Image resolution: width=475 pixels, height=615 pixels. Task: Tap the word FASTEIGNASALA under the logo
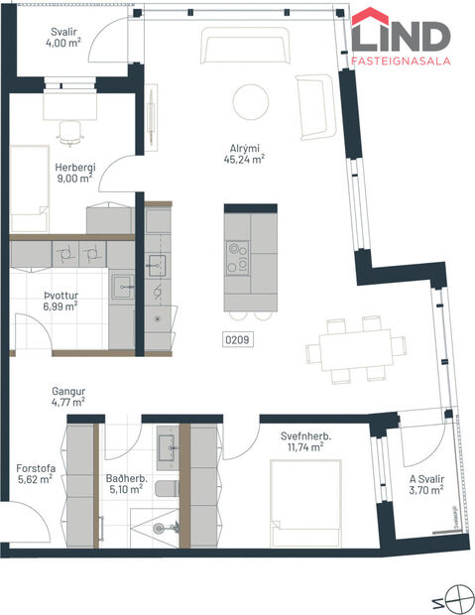[401, 61]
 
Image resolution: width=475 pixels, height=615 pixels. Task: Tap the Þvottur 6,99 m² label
[60, 301]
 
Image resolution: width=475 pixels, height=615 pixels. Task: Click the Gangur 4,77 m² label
[67, 397]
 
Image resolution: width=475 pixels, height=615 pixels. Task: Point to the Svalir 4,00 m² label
[64, 37]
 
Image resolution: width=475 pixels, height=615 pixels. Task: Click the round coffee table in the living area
[249, 101]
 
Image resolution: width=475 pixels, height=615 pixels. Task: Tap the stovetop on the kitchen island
[237, 258]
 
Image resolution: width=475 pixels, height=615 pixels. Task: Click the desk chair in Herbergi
[69, 129]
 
